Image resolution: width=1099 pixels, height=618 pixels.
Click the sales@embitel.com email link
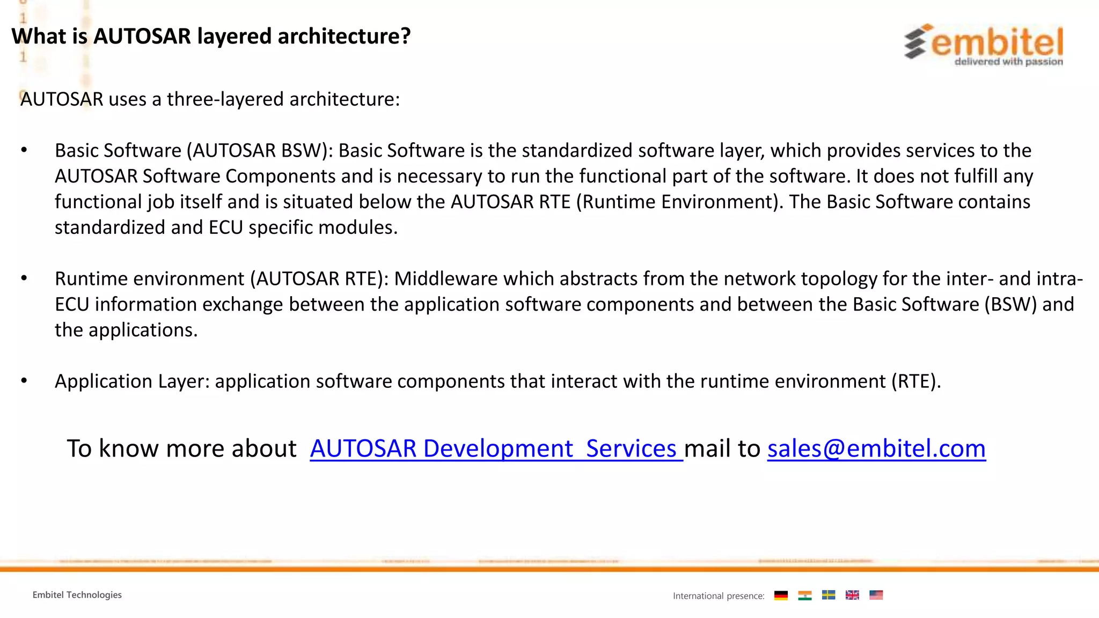[x=876, y=448]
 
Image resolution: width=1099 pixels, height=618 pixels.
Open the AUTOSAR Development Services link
[x=496, y=448]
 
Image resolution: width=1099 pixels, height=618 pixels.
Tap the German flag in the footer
[x=781, y=595]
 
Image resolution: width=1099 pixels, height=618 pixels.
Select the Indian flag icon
[x=804, y=595]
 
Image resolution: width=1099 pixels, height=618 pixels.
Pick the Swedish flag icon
[x=829, y=595]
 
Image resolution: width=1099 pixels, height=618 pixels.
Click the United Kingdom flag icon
[x=852, y=595]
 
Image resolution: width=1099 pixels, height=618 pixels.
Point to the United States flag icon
[x=876, y=595]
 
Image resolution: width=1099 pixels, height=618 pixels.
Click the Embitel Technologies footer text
[x=77, y=595]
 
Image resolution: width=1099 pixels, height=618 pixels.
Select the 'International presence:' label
[x=719, y=596]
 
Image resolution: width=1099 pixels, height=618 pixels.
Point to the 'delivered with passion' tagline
[x=1008, y=62]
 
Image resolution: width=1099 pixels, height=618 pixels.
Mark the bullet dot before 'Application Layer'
[x=24, y=381]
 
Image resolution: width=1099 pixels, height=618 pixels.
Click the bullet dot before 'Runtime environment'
[x=24, y=278]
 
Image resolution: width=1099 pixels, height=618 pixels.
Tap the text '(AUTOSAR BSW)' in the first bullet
[x=260, y=151]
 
